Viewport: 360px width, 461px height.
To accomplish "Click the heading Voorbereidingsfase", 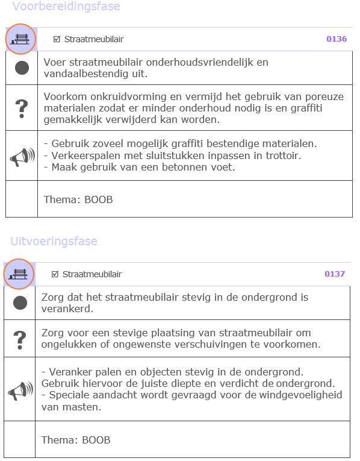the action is click(66, 7).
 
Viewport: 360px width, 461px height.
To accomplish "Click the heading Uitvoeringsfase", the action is click(54, 241).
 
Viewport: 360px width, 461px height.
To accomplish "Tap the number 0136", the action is click(337, 39).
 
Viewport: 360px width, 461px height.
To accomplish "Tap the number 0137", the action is click(335, 274).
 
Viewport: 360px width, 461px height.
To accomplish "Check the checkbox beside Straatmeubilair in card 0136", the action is click(57, 39).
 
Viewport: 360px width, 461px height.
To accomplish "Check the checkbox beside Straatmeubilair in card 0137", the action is click(55, 274).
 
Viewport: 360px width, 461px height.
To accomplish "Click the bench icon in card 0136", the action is click(21, 39).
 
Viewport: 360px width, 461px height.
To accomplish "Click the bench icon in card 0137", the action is click(19, 274).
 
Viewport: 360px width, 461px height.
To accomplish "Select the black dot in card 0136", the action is click(22, 67).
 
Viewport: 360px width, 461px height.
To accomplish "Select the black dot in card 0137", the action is click(20, 303).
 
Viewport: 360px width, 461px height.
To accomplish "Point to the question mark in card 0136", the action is click(22, 108).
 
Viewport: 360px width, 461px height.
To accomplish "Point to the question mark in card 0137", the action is click(20, 339).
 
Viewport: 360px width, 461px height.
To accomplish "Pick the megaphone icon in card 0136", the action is click(22, 157).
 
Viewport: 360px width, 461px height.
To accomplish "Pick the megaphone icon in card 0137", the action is click(20, 390).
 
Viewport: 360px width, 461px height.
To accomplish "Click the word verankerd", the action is click(67, 309).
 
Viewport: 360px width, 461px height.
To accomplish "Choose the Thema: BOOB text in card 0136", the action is click(78, 199).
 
